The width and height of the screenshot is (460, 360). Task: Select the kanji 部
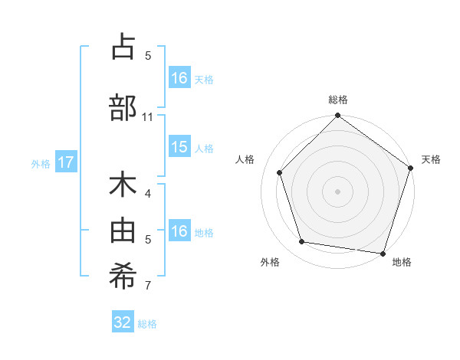pos(123,107)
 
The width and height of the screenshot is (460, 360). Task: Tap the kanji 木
pos(123,186)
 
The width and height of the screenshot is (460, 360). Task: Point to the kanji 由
pos(123,230)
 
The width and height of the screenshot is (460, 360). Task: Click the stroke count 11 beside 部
pos(148,117)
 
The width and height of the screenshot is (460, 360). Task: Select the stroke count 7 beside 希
pos(148,286)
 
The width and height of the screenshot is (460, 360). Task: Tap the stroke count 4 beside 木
pos(148,194)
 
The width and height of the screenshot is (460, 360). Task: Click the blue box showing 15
pos(179,147)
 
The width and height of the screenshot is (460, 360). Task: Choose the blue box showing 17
pos(65,162)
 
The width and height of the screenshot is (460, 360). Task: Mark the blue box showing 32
pos(123,322)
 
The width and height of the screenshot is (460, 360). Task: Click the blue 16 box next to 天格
pos(179,78)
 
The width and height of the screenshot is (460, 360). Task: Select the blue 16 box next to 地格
pos(179,231)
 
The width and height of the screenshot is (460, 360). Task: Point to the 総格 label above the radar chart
pos(338,100)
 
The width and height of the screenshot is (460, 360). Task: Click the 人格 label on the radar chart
pos(245,159)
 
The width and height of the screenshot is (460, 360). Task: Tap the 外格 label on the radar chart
pos(270,262)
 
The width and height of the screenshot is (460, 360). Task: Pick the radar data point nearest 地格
pos(383,252)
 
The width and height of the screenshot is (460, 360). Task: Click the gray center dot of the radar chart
pos(337,191)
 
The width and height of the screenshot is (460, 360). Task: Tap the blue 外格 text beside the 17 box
pos(41,163)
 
